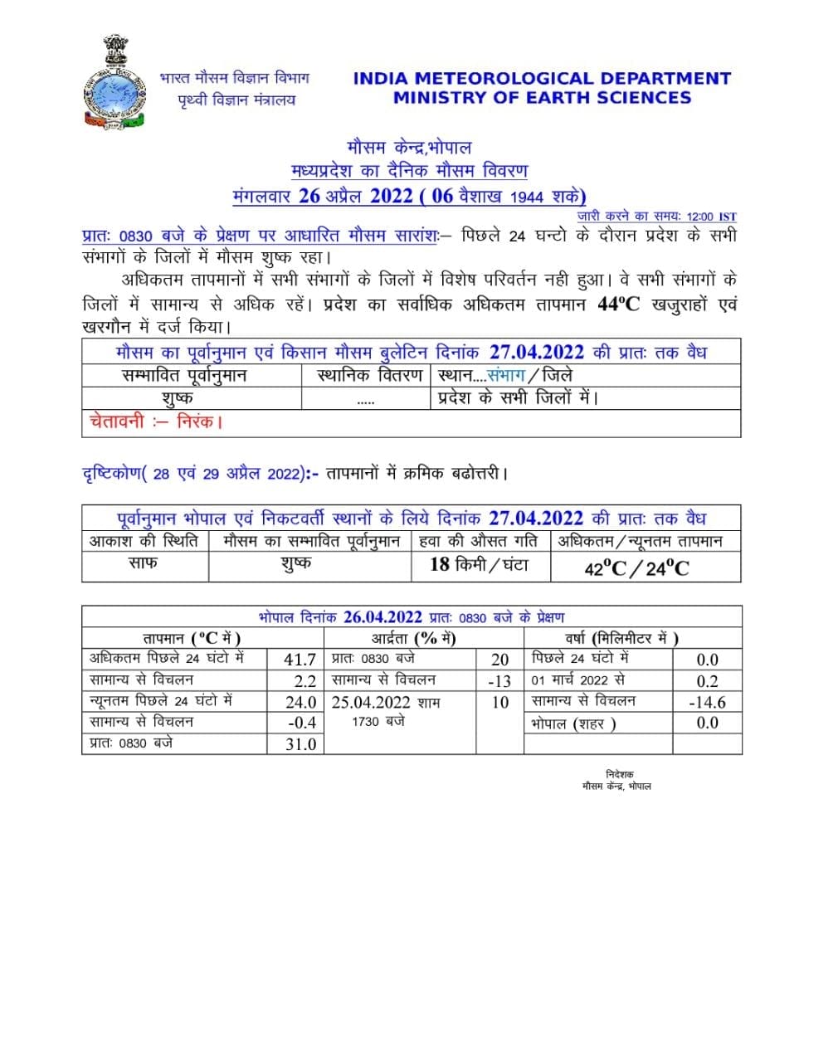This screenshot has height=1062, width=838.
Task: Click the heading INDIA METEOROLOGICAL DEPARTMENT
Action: click(541, 79)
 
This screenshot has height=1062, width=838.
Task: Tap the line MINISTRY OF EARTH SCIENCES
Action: click(541, 98)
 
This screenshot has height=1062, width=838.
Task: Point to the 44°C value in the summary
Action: click(618, 304)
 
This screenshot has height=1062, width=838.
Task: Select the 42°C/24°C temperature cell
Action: click(636, 568)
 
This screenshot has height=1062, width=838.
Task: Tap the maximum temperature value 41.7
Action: click(300, 660)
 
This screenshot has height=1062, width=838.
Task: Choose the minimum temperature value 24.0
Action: click(300, 702)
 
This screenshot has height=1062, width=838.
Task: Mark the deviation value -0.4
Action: click(301, 723)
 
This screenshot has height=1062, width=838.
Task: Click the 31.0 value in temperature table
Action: click(300, 744)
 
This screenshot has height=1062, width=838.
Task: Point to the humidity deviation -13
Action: click(499, 681)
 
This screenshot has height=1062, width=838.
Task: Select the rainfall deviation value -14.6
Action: click(707, 702)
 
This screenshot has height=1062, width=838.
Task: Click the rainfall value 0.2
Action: click(707, 681)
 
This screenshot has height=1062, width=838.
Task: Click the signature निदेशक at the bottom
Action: click(619, 774)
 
